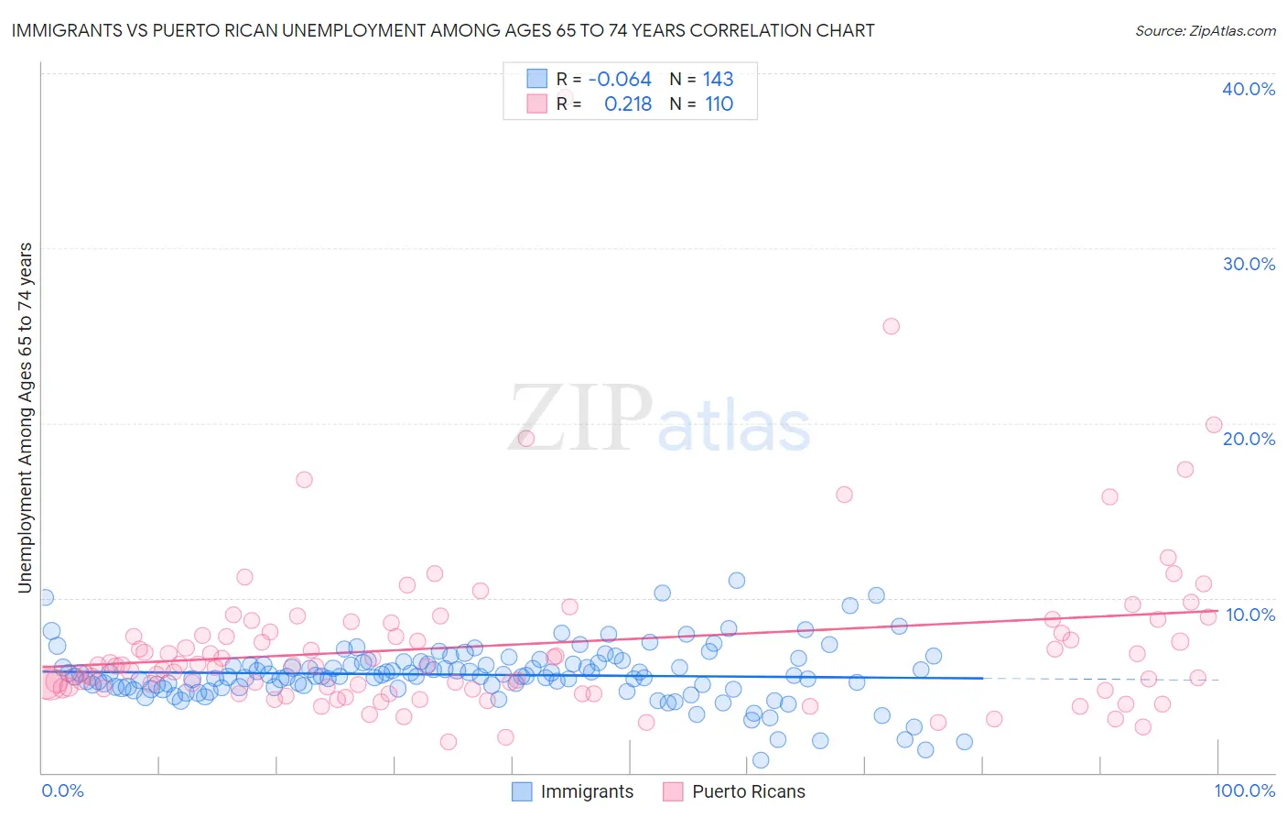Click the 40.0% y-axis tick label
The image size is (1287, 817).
tap(1249, 89)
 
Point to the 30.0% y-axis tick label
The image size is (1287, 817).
tap(1249, 264)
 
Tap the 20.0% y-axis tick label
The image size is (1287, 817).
tap(1249, 439)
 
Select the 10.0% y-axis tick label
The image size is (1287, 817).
tap(1249, 614)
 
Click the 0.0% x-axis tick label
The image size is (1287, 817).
tap(63, 790)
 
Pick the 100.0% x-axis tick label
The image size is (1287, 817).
tap(1244, 790)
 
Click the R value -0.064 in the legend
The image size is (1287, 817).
tap(620, 79)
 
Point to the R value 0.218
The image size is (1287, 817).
tap(628, 103)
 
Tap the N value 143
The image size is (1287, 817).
tap(719, 79)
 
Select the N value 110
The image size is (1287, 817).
tap(719, 103)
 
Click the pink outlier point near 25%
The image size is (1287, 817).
tap(891, 326)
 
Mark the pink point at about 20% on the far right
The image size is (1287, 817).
tap(1214, 424)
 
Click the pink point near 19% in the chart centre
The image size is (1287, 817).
tap(525, 438)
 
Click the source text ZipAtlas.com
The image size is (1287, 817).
tap(1205, 30)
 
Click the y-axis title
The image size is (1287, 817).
tap(26, 418)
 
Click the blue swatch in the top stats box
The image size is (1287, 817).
tap(536, 79)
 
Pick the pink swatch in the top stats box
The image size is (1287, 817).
tap(536, 103)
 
